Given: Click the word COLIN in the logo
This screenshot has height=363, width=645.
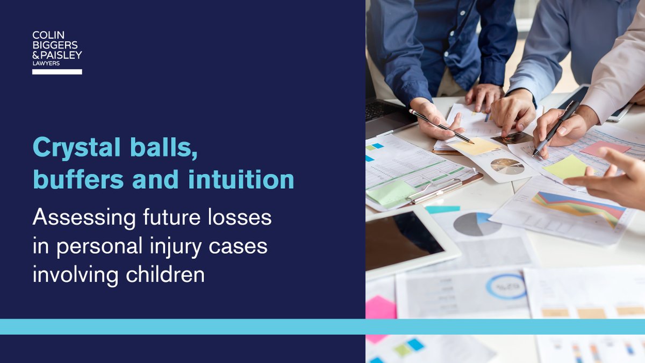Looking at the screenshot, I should tap(45, 35).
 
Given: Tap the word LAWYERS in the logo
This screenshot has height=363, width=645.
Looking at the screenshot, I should tap(46, 63).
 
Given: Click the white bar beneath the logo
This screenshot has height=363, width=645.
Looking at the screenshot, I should tap(57, 72).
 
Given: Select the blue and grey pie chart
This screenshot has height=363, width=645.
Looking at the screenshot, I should tap(477, 224).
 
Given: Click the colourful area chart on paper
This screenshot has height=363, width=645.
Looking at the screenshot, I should tap(578, 208).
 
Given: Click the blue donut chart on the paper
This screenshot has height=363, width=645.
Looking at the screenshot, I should tap(506, 287).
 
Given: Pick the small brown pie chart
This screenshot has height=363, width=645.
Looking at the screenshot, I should tap(507, 166).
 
